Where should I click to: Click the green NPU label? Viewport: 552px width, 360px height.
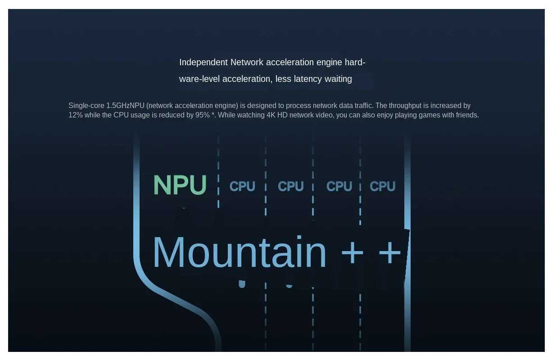pyautogui.click(x=180, y=185)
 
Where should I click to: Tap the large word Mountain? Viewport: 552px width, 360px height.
pyautogui.click(x=239, y=252)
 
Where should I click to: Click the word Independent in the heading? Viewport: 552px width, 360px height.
pyautogui.click(x=204, y=62)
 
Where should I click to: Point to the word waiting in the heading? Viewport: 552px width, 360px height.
pyautogui.click(x=338, y=79)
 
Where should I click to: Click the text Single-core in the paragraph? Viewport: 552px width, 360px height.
pyautogui.click(x=86, y=106)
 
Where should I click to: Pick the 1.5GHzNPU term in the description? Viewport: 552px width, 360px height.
pyautogui.click(x=125, y=106)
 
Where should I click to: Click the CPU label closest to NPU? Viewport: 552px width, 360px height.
pyautogui.click(x=242, y=186)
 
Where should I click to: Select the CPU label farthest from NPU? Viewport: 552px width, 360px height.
pyautogui.click(x=382, y=186)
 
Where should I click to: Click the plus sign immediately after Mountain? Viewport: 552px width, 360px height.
pyautogui.click(x=353, y=253)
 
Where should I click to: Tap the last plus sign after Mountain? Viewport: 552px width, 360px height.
pyautogui.click(x=390, y=253)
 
